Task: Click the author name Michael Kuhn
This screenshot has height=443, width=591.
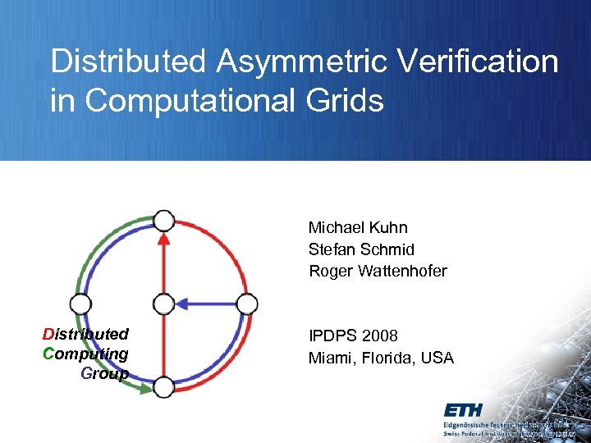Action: click(358, 227)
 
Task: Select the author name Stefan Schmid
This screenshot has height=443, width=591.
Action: click(361, 249)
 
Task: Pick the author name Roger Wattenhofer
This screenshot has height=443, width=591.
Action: click(378, 271)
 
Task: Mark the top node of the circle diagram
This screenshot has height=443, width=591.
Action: click(164, 220)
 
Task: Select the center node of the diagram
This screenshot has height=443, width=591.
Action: click(164, 304)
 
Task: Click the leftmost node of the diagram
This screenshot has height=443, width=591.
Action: click(80, 304)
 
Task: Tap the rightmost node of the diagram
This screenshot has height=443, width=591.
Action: click(247, 304)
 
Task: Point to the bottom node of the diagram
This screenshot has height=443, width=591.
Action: click(164, 387)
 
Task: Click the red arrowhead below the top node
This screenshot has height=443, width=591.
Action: click(164, 239)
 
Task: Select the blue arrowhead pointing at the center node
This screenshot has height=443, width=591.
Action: click(183, 304)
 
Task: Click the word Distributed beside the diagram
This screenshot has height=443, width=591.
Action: click(85, 334)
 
